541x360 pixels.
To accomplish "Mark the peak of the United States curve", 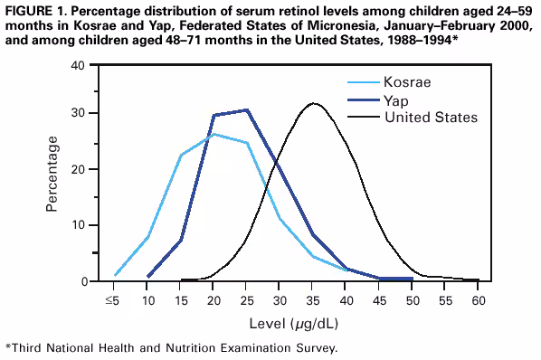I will pyautogui.click(x=314, y=103).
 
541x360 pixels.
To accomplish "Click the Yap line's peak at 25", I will pyautogui.click(x=247, y=109).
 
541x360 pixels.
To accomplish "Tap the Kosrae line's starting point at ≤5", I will pyautogui.click(x=115, y=275).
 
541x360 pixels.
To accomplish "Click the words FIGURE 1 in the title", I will pyautogui.click(x=36, y=8).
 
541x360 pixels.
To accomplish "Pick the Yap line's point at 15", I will pyautogui.click(x=181, y=240).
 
